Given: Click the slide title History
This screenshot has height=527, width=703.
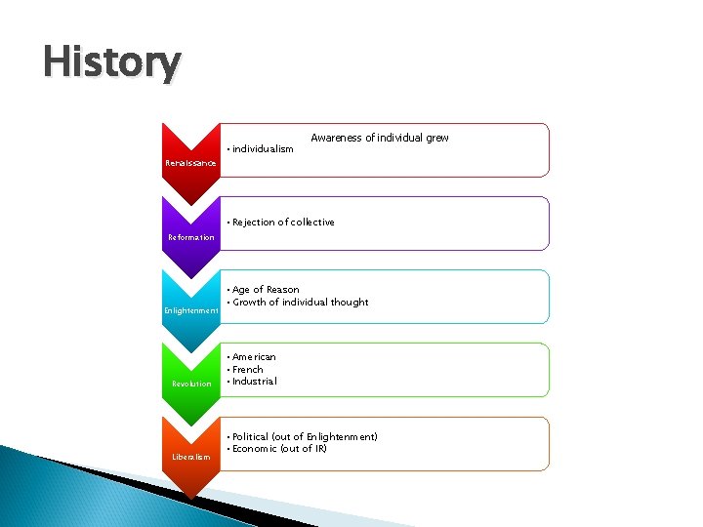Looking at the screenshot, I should click(x=111, y=63).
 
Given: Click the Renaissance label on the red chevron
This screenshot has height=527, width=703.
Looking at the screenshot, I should click(x=190, y=163).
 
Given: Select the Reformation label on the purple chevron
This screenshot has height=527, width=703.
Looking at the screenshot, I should click(x=190, y=237).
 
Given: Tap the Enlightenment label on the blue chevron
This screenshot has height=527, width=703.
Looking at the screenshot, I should click(x=190, y=310).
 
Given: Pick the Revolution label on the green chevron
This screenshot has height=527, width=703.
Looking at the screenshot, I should click(x=191, y=384).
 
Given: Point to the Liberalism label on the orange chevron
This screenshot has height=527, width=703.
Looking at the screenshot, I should click(x=190, y=457).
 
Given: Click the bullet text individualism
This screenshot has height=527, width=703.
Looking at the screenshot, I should click(x=263, y=149).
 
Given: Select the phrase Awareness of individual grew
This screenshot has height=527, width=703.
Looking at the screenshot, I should click(x=379, y=138).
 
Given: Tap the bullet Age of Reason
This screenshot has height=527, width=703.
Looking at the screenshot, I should click(x=266, y=290).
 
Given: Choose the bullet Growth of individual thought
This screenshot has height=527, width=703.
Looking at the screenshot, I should click(x=300, y=303).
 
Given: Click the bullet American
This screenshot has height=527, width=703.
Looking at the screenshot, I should click(x=254, y=357).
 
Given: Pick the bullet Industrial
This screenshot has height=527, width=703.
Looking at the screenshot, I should click(x=254, y=382).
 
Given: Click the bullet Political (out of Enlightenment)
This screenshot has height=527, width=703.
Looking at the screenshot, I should click(x=305, y=436).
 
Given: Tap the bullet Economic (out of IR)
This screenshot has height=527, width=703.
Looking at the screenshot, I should click(x=279, y=449).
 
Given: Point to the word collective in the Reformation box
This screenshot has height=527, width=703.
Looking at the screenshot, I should click(x=312, y=223).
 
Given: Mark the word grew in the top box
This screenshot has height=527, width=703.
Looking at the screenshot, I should click(x=436, y=138).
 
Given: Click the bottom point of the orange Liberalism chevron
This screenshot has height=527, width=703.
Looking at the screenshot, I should click(x=190, y=499).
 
